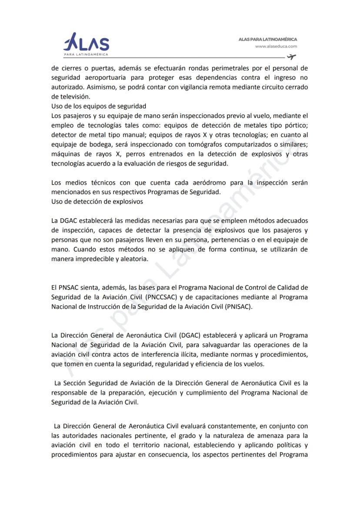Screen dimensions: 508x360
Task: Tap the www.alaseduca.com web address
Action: coord(276,46)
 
